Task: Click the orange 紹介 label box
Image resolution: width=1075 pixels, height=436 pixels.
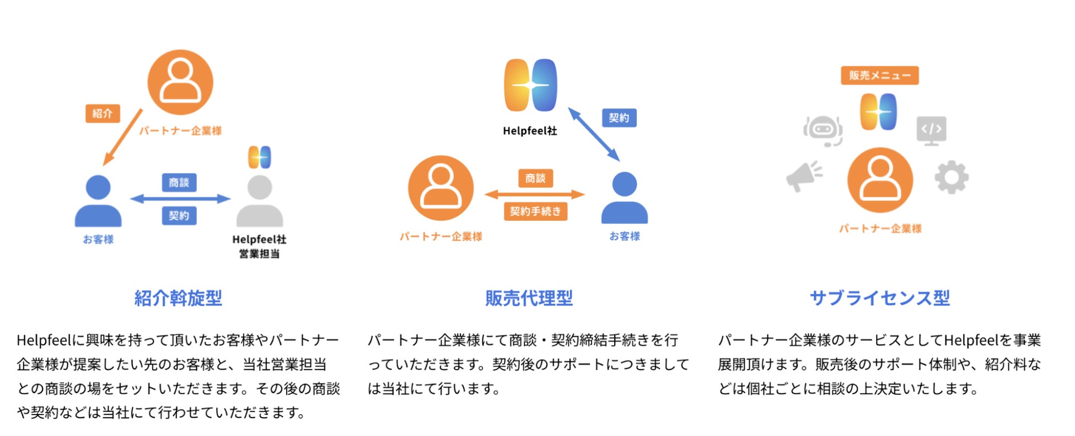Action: (103, 113)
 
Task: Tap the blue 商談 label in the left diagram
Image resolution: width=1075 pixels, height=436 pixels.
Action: (179, 182)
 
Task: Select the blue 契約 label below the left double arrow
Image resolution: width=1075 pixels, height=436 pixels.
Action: (179, 215)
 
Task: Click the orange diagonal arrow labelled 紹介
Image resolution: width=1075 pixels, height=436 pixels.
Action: (122, 138)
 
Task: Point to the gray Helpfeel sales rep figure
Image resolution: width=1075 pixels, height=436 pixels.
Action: (260, 201)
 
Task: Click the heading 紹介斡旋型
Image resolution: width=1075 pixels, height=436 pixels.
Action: (178, 298)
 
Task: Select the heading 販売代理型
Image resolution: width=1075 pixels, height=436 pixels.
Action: (529, 298)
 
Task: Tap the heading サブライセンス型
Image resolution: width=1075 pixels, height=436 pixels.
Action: (880, 298)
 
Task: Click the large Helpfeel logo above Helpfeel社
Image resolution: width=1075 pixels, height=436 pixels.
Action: (530, 85)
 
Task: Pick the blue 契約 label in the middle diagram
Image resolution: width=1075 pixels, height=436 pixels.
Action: (619, 118)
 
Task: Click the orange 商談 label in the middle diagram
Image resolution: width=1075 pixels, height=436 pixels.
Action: (535, 178)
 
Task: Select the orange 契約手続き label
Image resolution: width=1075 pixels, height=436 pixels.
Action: (535, 211)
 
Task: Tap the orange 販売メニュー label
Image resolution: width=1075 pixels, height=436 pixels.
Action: (879, 75)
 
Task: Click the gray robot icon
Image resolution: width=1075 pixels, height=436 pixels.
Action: (823, 130)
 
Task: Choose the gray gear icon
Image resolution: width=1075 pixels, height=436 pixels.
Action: (952, 177)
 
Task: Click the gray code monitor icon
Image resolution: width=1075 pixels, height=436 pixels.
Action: (932, 130)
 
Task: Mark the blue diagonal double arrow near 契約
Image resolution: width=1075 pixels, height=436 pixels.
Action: (594, 134)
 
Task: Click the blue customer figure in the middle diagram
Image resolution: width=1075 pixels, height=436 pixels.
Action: (624, 198)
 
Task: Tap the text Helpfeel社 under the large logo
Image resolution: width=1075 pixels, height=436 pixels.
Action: (530, 131)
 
